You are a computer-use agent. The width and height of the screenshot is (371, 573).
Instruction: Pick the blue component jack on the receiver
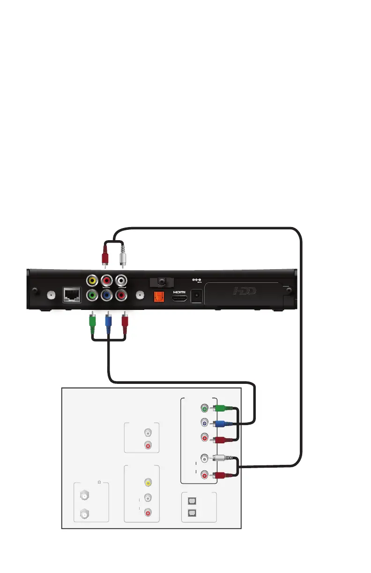(x=108, y=295)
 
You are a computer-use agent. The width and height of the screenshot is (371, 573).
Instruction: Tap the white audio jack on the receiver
(x=122, y=281)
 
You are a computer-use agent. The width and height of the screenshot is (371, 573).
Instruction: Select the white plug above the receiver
(x=122, y=256)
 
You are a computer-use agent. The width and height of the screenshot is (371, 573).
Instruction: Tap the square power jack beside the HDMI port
(x=197, y=296)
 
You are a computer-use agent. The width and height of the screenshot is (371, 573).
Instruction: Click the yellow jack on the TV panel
(x=148, y=482)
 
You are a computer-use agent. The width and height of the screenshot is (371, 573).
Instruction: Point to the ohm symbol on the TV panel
(x=99, y=482)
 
